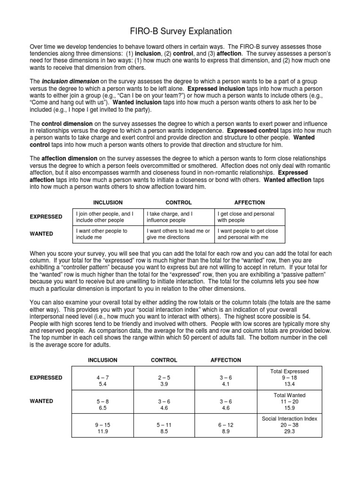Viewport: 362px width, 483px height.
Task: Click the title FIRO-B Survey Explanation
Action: pos(181,32)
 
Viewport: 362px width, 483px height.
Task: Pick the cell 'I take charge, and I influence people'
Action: pos(178,217)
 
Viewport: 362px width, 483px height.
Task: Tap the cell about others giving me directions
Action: pos(178,234)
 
